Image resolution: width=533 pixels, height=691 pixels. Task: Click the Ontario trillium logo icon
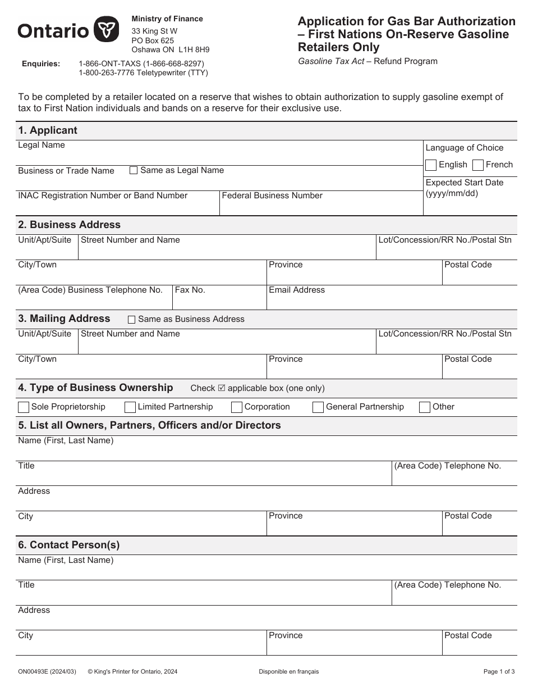[x=105, y=30]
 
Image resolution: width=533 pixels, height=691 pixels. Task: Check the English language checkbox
[x=431, y=165]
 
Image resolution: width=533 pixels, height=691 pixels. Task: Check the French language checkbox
[x=478, y=165]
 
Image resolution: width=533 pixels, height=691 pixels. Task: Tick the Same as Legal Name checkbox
[x=134, y=170]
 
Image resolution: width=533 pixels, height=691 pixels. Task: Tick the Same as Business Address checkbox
[x=132, y=320]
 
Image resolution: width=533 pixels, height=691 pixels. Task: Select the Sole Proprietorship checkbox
[x=24, y=407]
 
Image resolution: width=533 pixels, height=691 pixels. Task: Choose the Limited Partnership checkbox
[x=130, y=407]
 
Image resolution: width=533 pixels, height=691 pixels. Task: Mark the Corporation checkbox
[x=237, y=407]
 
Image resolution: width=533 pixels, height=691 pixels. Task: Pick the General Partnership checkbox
[x=318, y=407]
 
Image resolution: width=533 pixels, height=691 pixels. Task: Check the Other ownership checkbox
[x=425, y=407]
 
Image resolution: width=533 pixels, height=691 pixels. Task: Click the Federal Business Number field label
[x=272, y=196]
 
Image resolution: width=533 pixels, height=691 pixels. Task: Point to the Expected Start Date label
[x=465, y=183]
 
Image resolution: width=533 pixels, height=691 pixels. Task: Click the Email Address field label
[x=297, y=290]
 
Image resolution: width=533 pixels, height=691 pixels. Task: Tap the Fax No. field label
[x=190, y=290]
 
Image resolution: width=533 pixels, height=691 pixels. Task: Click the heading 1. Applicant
[x=48, y=130]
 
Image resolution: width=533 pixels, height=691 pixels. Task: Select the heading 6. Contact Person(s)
[x=69, y=545]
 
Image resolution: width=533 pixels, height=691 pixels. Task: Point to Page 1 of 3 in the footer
[x=499, y=671]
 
